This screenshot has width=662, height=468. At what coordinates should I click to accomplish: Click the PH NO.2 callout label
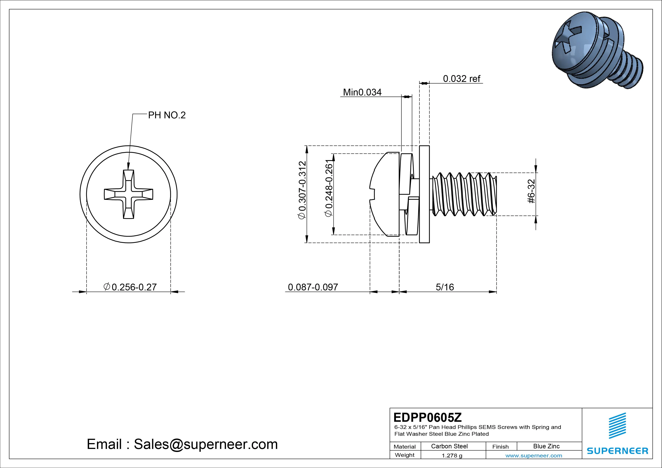pos(167,115)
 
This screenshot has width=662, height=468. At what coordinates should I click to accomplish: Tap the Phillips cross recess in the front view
pos(128,194)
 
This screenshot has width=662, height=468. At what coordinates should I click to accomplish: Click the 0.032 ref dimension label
pos(461,79)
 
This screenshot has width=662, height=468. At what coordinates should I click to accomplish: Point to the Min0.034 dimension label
pos(362,92)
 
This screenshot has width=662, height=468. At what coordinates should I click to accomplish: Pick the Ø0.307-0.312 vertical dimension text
pos(302,190)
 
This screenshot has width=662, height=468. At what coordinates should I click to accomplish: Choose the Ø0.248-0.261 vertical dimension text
pos(329,188)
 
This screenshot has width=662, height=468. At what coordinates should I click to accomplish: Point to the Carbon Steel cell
pos(449,446)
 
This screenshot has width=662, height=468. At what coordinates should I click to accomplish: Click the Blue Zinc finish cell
pos(546,446)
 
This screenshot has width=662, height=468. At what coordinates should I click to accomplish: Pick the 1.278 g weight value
pos(452,456)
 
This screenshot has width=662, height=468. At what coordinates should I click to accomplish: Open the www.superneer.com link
pos(534,456)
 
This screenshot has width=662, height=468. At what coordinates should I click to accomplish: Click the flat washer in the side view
pos(424,194)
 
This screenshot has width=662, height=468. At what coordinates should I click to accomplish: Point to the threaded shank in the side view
pos(464,194)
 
